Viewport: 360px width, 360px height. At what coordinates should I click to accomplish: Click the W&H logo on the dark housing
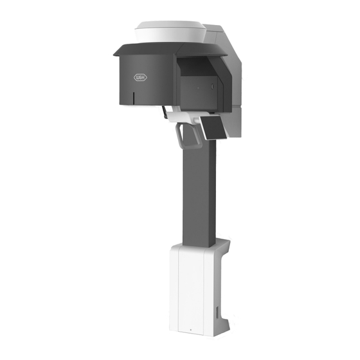(x=140, y=78)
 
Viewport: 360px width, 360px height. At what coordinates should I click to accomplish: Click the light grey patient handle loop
(x=189, y=136)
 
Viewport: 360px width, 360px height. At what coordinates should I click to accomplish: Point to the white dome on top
(x=170, y=32)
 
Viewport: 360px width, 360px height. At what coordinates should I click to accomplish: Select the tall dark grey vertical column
(x=199, y=193)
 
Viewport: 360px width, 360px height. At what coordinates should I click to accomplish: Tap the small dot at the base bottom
(x=191, y=330)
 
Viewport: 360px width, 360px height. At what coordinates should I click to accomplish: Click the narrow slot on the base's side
(x=217, y=312)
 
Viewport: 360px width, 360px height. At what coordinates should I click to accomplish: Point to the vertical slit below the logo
(x=133, y=98)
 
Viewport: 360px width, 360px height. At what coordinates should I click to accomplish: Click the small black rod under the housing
(x=165, y=112)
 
